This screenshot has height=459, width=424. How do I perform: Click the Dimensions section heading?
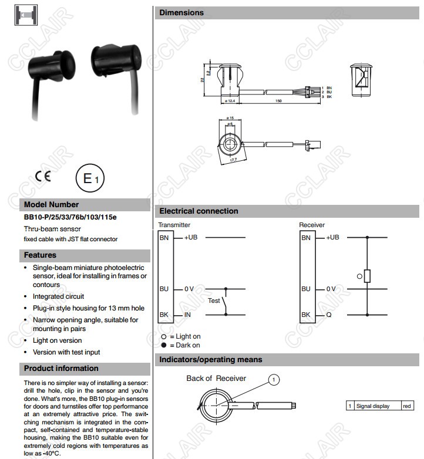coord(181,12)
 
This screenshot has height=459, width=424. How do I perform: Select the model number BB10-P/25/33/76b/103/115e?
coord(70,217)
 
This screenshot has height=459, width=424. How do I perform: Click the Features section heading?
coord(40,255)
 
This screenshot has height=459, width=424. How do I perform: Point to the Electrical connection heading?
coord(198,211)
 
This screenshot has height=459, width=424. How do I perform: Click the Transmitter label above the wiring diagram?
coord(174,225)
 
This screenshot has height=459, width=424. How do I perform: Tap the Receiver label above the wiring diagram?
coord(311,225)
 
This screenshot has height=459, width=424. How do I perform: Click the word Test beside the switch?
coord(214,301)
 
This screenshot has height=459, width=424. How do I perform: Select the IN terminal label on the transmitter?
coord(188,315)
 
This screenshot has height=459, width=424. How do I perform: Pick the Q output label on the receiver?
coord(329,315)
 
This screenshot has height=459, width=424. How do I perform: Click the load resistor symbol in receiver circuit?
coord(367,276)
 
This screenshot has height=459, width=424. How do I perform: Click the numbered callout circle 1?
coord(273,380)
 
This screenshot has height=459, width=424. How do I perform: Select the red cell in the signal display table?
coord(407,406)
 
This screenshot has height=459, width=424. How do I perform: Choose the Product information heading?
coord(61,369)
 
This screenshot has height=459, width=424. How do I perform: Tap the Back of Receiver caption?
coord(216,379)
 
